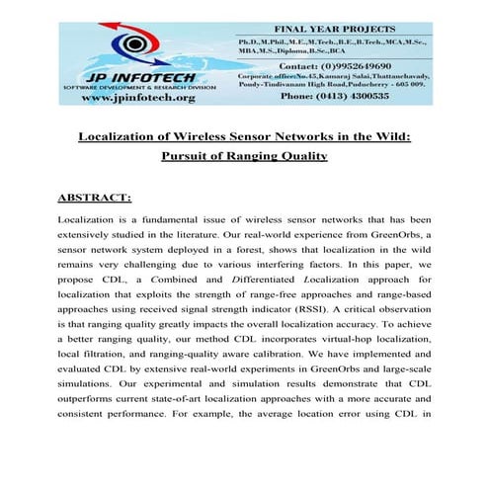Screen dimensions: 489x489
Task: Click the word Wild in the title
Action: click(x=386, y=135)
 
